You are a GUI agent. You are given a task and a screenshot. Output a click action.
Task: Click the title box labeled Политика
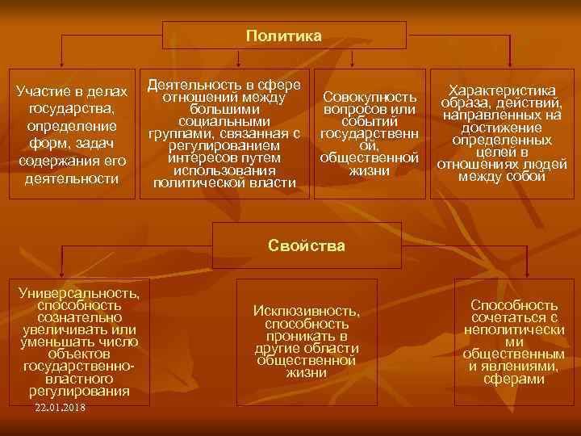click(284, 36)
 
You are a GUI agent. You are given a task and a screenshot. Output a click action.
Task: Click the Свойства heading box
click(306, 245)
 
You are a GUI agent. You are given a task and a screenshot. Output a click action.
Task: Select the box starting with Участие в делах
click(73, 135)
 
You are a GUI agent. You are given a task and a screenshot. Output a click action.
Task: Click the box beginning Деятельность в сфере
click(225, 134)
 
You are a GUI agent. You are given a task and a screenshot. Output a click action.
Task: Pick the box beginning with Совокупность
click(369, 134)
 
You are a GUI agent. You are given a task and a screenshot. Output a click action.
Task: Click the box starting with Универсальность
click(79, 340)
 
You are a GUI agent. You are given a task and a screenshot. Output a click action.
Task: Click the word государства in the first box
click(72, 108)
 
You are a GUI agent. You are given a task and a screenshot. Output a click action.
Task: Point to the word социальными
click(224, 121)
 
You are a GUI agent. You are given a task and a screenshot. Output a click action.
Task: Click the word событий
click(370, 121)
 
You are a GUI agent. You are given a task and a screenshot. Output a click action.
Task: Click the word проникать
click(306, 336)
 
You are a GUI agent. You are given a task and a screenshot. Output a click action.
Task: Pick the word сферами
click(514, 378)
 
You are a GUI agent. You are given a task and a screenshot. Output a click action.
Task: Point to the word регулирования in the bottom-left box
click(79, 391)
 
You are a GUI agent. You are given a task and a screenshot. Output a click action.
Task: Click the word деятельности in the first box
click(73, 178)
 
